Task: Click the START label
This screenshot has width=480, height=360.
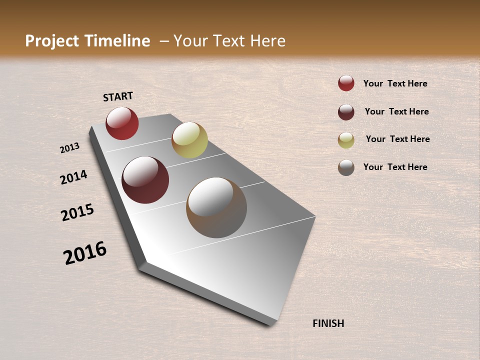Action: tap(118, 96)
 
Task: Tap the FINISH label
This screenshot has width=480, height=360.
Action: tap(328, 323)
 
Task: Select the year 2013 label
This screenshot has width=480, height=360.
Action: tap(70, 148)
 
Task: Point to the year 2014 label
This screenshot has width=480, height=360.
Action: tap(73, 177)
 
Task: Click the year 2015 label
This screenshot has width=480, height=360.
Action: tap(77, 212)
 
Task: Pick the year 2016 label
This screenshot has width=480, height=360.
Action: tap(85, 253)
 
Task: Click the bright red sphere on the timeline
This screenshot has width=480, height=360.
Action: tap(122, 123)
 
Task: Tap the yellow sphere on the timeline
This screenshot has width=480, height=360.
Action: tap(189, 140)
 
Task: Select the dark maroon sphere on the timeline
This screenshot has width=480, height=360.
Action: tap(145, 180)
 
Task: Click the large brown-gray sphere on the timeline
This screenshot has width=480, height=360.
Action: tap(216, 207)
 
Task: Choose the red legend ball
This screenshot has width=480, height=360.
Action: tap(346, 83)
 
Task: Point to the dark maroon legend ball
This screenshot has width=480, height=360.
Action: tap(346, 112)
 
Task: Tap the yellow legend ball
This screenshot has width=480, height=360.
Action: tap(346, 140)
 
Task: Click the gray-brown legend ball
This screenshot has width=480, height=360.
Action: tap(346, 167)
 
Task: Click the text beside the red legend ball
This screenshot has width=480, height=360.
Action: tap(395, 83)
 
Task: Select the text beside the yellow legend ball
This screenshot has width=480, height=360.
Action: tap(397, 139)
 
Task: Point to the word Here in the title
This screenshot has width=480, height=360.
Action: tap(267, 41)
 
